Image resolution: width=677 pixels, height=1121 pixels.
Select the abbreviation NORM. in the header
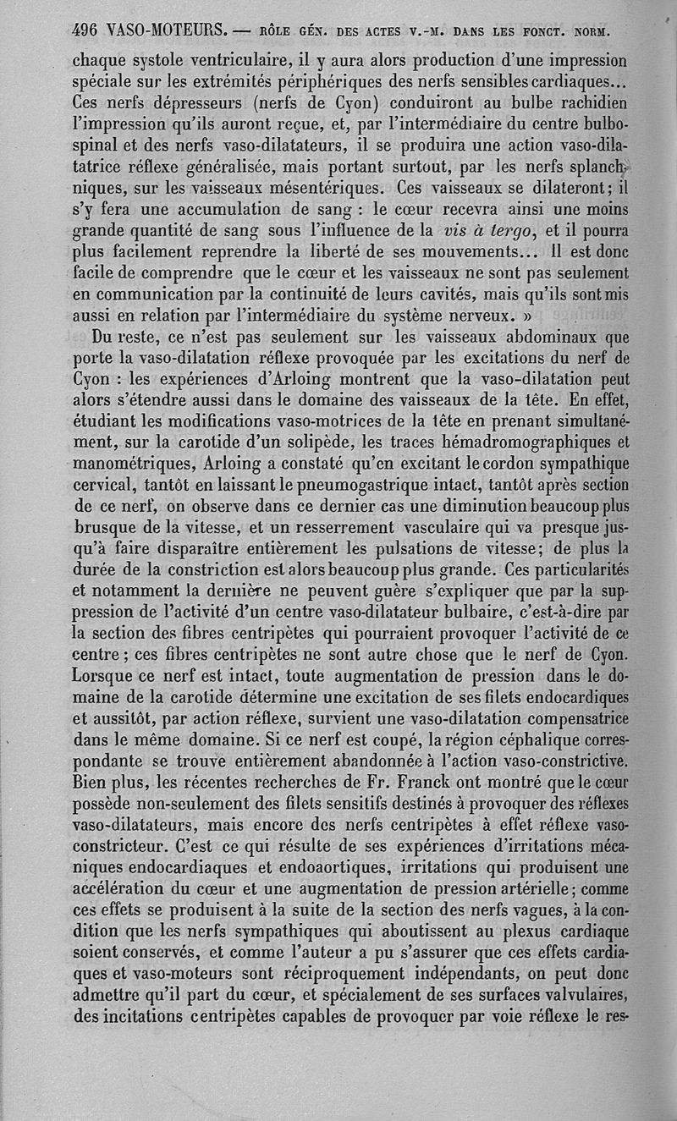coord(592,33)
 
